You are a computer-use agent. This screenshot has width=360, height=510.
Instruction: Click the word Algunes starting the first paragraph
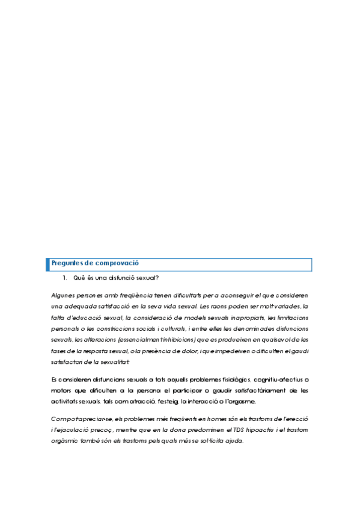click(x=63, y=295)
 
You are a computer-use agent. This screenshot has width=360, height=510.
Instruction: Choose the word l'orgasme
click(x=240, y=402)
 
